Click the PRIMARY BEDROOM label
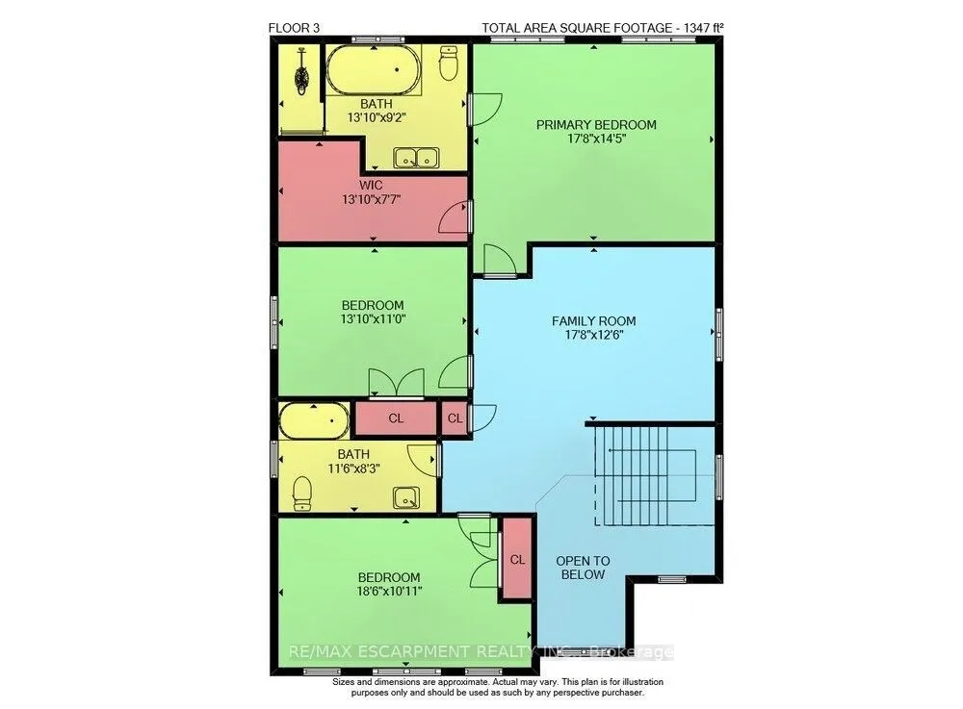coord(596,124)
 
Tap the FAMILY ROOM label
coord(593,320)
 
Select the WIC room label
coord(371,185)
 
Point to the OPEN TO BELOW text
coord(583,568)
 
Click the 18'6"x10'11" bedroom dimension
coord(389,592)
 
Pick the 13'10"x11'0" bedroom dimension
coord(373,319)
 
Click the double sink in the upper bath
coord(416,158)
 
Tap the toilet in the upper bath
coord(450,63)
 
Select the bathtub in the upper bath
coord(374,70)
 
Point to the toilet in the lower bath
coord(301,494)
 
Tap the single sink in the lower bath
coord(406,497)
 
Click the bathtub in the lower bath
coord(314,420)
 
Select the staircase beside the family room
coord(645,476)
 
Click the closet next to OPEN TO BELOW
coord(517,559)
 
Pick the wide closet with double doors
coord(396,418)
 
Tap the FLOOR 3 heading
coord(294,28)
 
